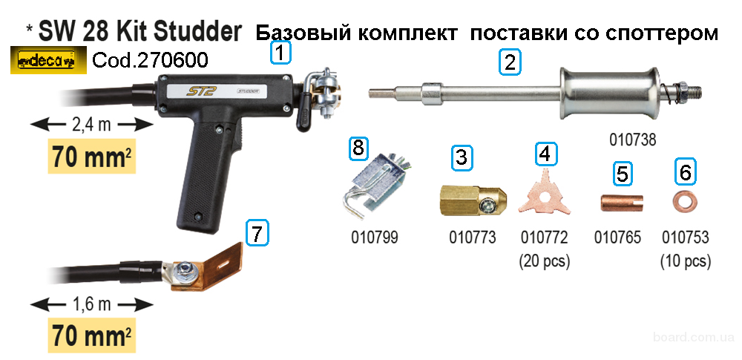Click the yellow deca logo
48,61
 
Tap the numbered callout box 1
281,53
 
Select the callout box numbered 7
257,234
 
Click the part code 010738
633,140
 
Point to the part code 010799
374,237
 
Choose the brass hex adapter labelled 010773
471,200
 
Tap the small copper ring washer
684,201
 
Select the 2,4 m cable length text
91,125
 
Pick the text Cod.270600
150,60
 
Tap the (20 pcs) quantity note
544,261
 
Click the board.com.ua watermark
694,337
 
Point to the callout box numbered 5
623,174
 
